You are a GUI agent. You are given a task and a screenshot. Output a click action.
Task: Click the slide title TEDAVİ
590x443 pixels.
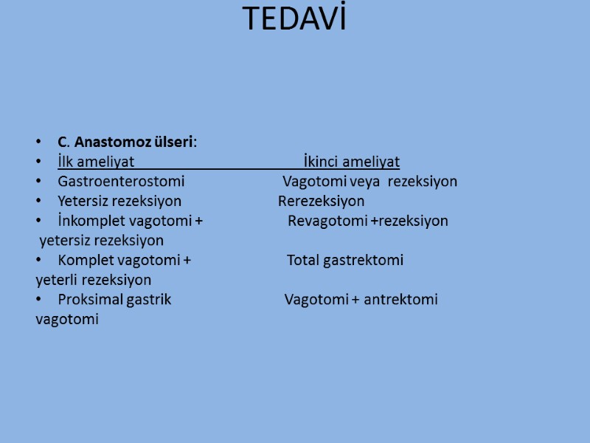pos(294,20)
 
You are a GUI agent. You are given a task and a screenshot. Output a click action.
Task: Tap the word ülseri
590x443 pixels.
pos(171,142)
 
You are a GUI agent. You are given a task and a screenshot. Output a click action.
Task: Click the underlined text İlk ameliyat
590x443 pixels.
pos(96,162)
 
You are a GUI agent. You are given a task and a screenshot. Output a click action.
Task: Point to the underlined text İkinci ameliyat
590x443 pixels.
pos(352,162)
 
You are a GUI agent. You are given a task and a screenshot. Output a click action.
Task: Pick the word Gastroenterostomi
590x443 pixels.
pos(121,182)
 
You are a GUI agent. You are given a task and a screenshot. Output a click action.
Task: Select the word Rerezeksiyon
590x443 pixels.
pos(321,201)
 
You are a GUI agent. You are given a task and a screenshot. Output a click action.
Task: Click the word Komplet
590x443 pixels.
pos(85,260)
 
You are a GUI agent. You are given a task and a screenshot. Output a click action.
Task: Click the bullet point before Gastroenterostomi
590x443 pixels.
pos(38,182)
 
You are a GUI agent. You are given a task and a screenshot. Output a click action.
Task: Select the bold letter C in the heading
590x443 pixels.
pos(62,142)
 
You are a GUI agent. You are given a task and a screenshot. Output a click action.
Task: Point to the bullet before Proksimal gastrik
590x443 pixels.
pos(38,301)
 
